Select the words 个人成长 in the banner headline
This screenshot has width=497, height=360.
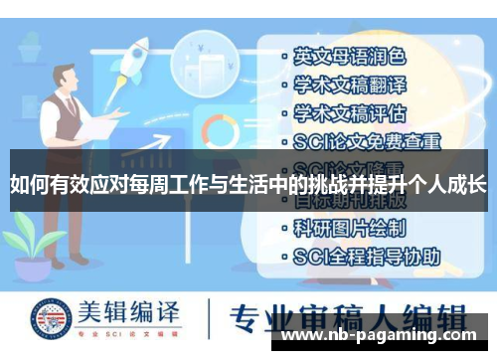click(438, 184)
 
